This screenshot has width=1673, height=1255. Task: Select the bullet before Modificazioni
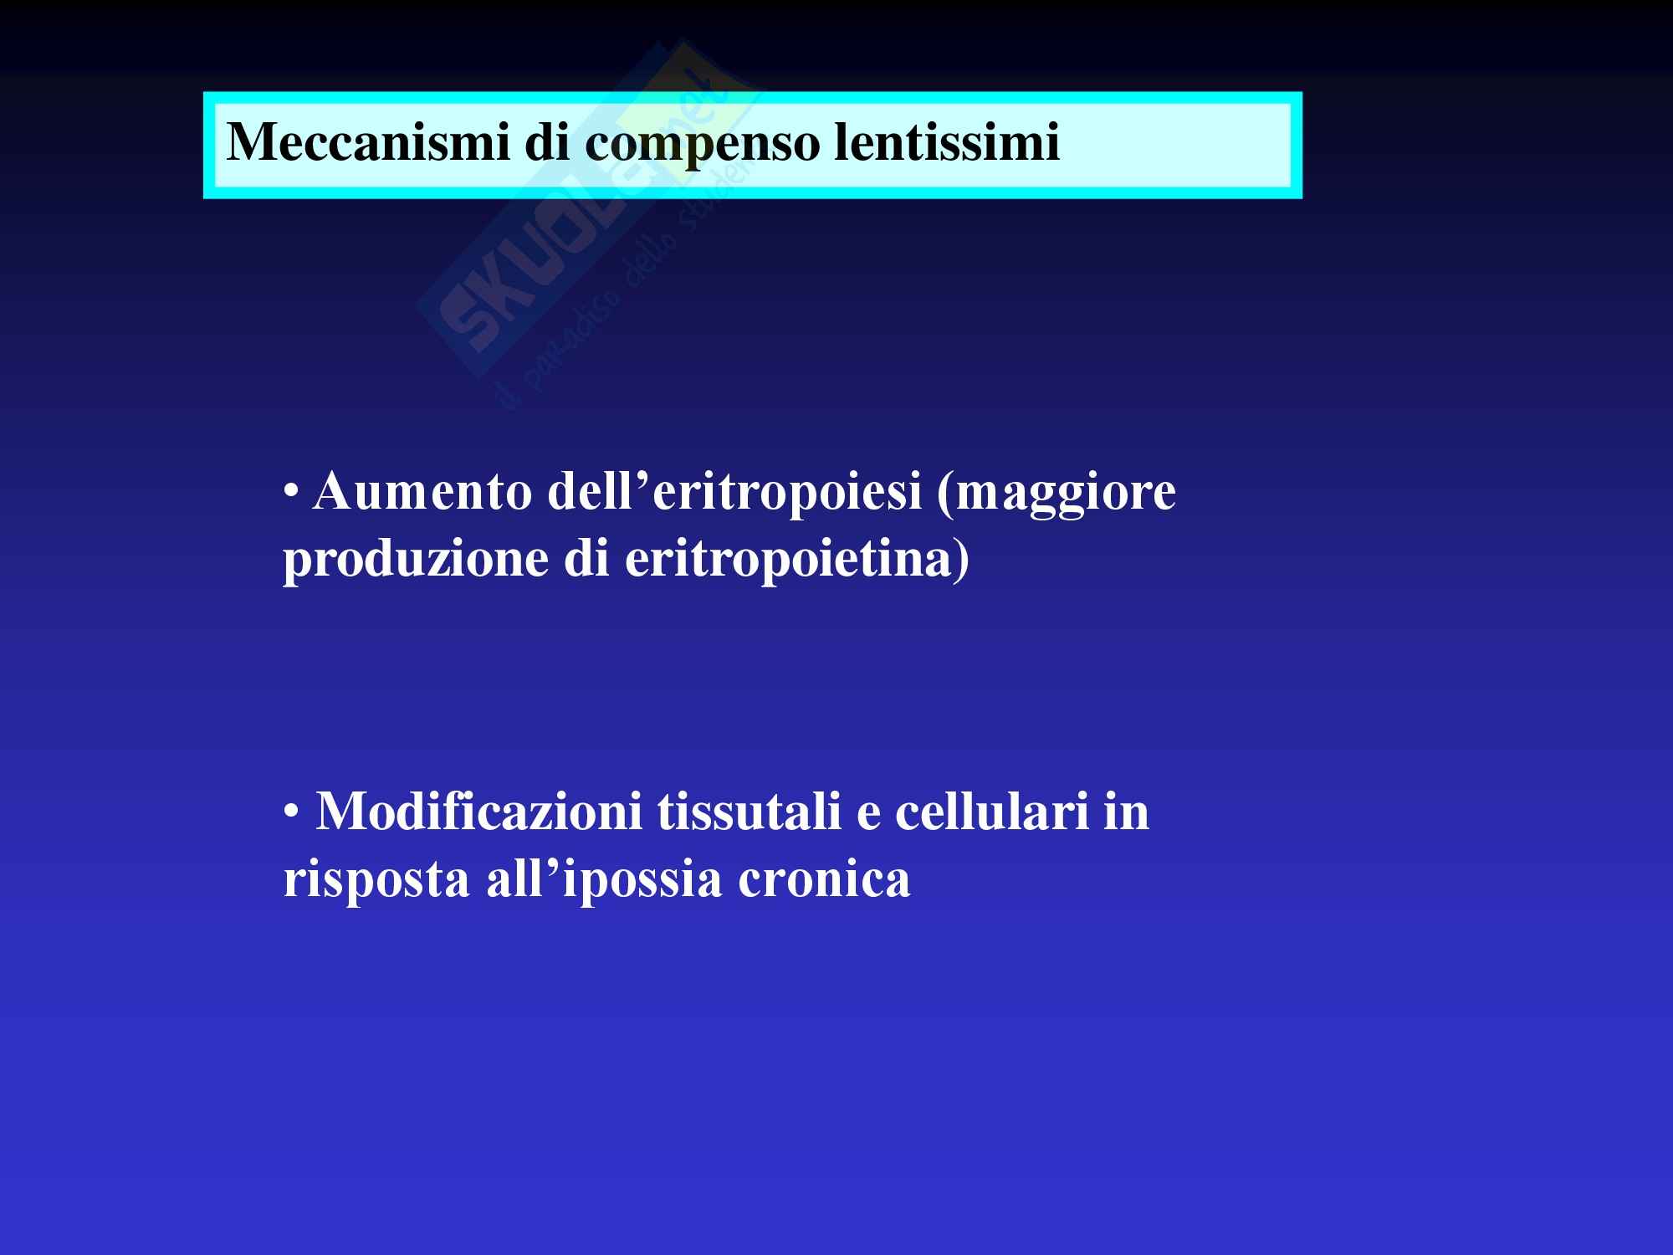(x=290, y=812)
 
